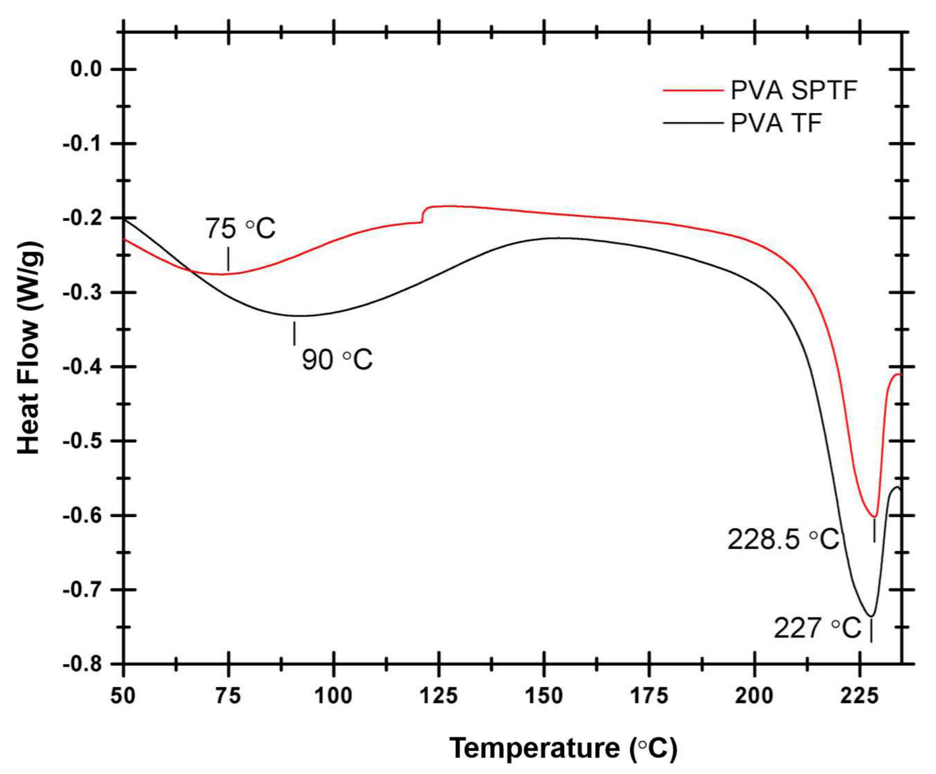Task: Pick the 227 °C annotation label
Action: click(x=817, y=629)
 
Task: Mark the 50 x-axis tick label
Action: click(x=123, y=696)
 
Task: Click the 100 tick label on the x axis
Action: click(x=333, y=696)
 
